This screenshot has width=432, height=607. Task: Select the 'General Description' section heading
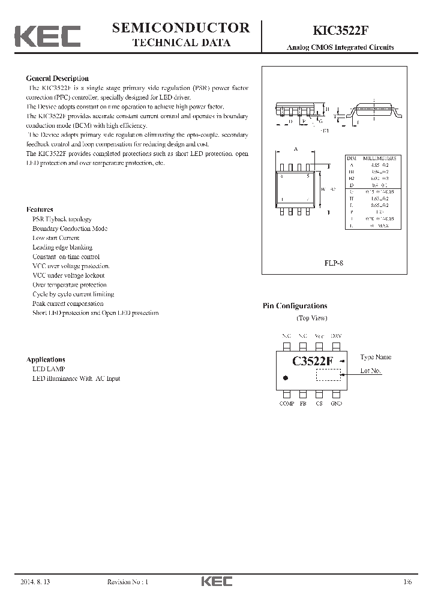(58, 79)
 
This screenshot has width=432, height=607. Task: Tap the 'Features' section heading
(40, 209)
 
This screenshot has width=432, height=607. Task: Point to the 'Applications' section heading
(46, 359)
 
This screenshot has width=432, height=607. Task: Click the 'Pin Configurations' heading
(295, 306)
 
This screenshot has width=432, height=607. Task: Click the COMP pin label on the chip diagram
(287, 404)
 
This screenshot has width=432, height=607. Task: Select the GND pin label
(336, 404)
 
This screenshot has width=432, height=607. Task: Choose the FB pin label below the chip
(303, 404)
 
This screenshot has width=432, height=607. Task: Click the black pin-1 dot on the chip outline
(286, 378)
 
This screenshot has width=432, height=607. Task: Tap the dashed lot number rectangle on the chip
(328, 375)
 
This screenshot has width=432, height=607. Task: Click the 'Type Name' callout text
(376, 357)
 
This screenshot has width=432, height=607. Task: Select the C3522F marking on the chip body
(313, 361)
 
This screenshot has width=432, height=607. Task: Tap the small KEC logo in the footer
(216, 581)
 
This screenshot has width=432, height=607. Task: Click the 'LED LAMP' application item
(49, 369)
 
